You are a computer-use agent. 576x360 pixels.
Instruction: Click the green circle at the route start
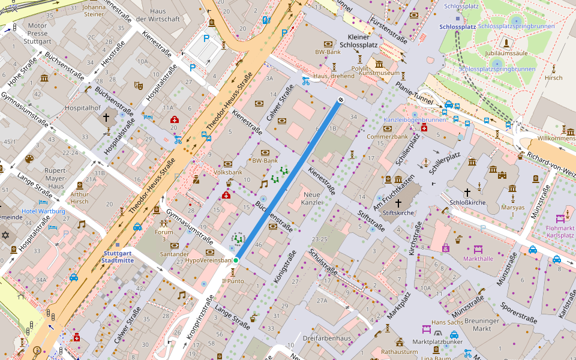point(236,260)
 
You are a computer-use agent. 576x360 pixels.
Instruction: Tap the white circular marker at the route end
point(341,100)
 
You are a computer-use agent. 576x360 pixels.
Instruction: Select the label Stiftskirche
point(399,212)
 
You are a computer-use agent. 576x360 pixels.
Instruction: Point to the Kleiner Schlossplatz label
point(359,40)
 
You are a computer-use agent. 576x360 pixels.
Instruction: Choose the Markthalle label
point(478,259)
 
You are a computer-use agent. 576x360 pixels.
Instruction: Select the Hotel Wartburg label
point(43,212)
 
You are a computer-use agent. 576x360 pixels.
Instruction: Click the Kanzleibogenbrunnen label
point(415,120)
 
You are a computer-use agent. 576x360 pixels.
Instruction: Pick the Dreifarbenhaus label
point(326,338)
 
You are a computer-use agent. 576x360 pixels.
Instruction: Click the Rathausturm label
point(399,352)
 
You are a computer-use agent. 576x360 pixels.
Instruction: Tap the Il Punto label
point(233,281)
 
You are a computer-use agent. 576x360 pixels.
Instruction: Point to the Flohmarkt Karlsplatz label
point(560,232)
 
